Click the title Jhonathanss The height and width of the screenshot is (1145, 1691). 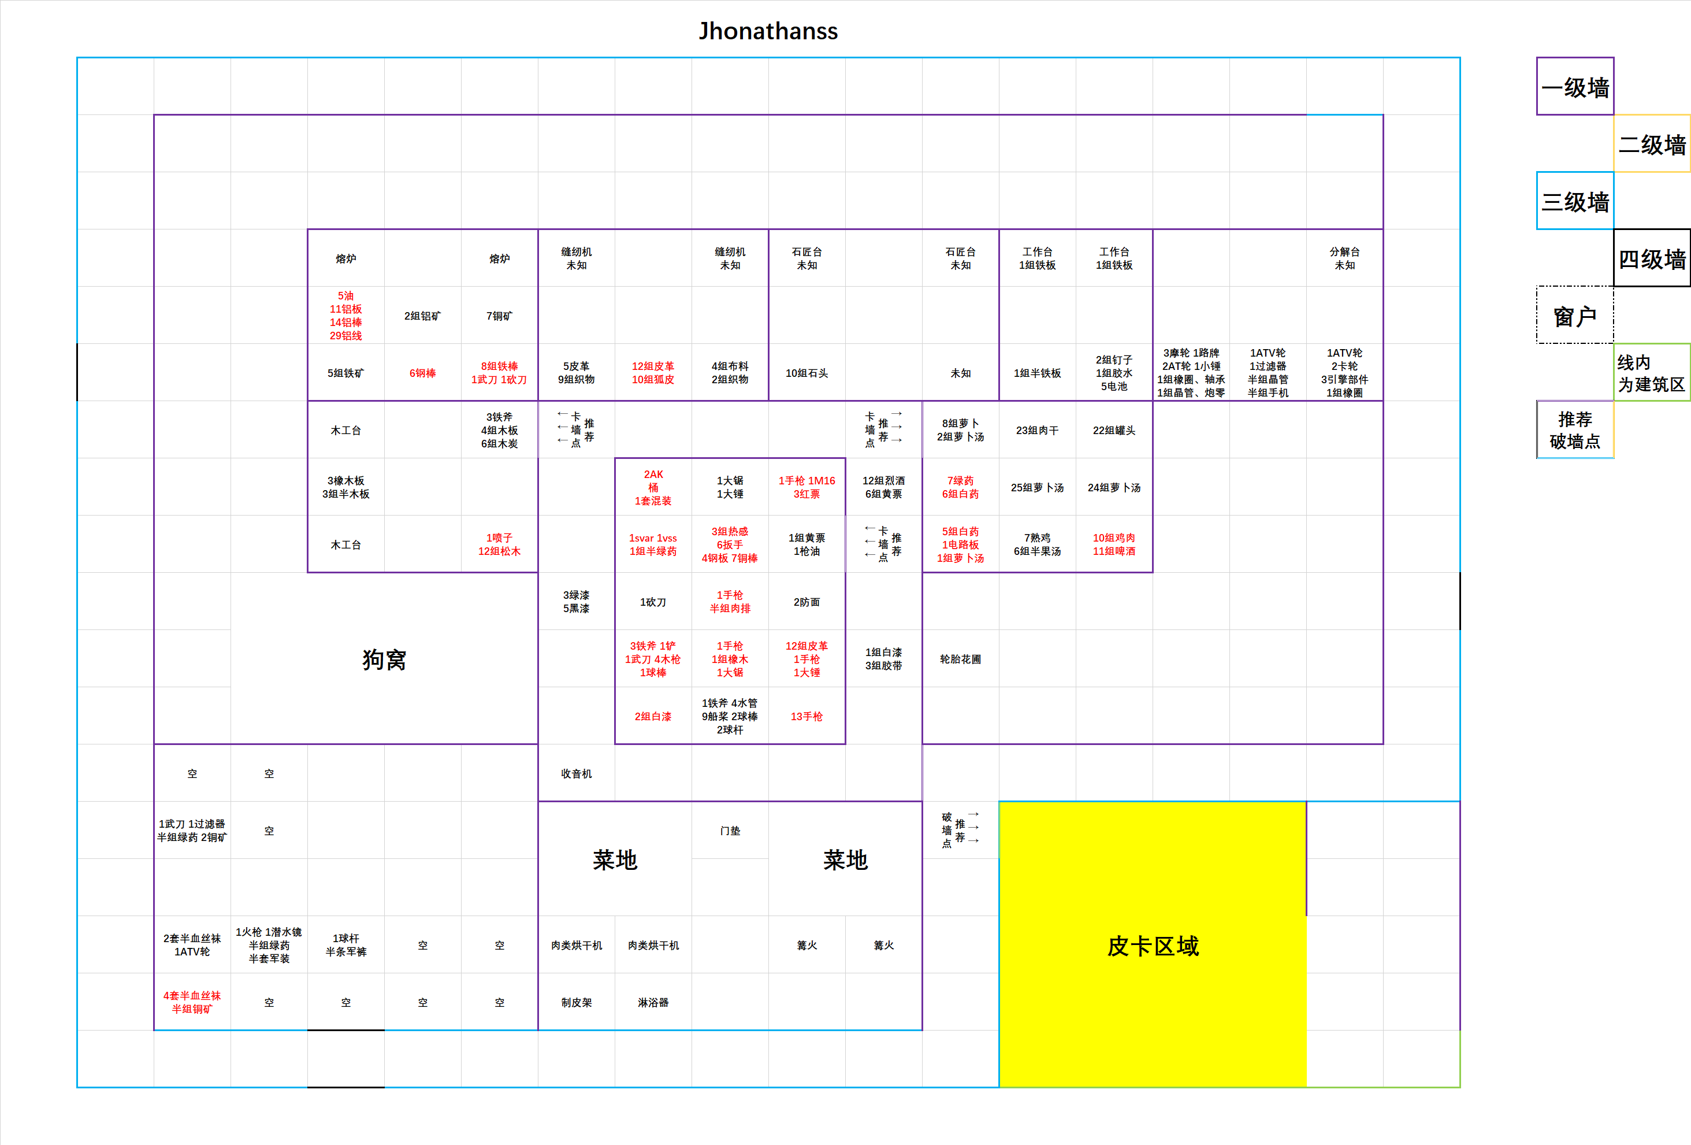pyautogui.click(x=768, y=31)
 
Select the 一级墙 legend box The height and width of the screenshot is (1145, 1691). pyautogui.click(x=1574, y=87)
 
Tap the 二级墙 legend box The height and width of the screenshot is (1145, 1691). pyautogui.click(x=1652, y=143)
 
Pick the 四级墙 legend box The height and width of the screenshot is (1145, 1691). pyautogui.click(x=1652, y=258)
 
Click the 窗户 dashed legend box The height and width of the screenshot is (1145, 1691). pyautogui.click(x=1574, y=315)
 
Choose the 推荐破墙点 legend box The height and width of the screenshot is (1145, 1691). pyautogui.click(x=1574, y=429)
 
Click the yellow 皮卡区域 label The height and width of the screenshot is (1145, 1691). pyautogui.click(x=1153, y=946)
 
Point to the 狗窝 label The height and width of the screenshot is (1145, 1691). pyautogui.click(x=384, y=659)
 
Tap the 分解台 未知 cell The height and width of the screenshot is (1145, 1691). pyautogui.click(x=1344, y=258)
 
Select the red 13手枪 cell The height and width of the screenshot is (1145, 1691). pyautogui.click(x=806, y=716)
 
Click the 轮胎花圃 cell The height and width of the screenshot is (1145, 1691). pyautogui.click(x=960, y=659)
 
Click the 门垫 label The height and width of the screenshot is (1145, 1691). pyautogui.click(x=730, y=831)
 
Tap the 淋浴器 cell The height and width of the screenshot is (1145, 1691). pyautogui.click(x=653, y=1002)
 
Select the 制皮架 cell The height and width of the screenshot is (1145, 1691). pyautogui.click(x=576, y=1002)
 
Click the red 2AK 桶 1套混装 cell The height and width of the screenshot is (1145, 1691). pyautogui.click(x=653, y=487)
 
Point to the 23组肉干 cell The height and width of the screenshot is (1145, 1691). pyautogui.click(x=1037, y=430)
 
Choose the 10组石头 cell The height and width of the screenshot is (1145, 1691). pyautogui.click(x=806, y=373)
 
